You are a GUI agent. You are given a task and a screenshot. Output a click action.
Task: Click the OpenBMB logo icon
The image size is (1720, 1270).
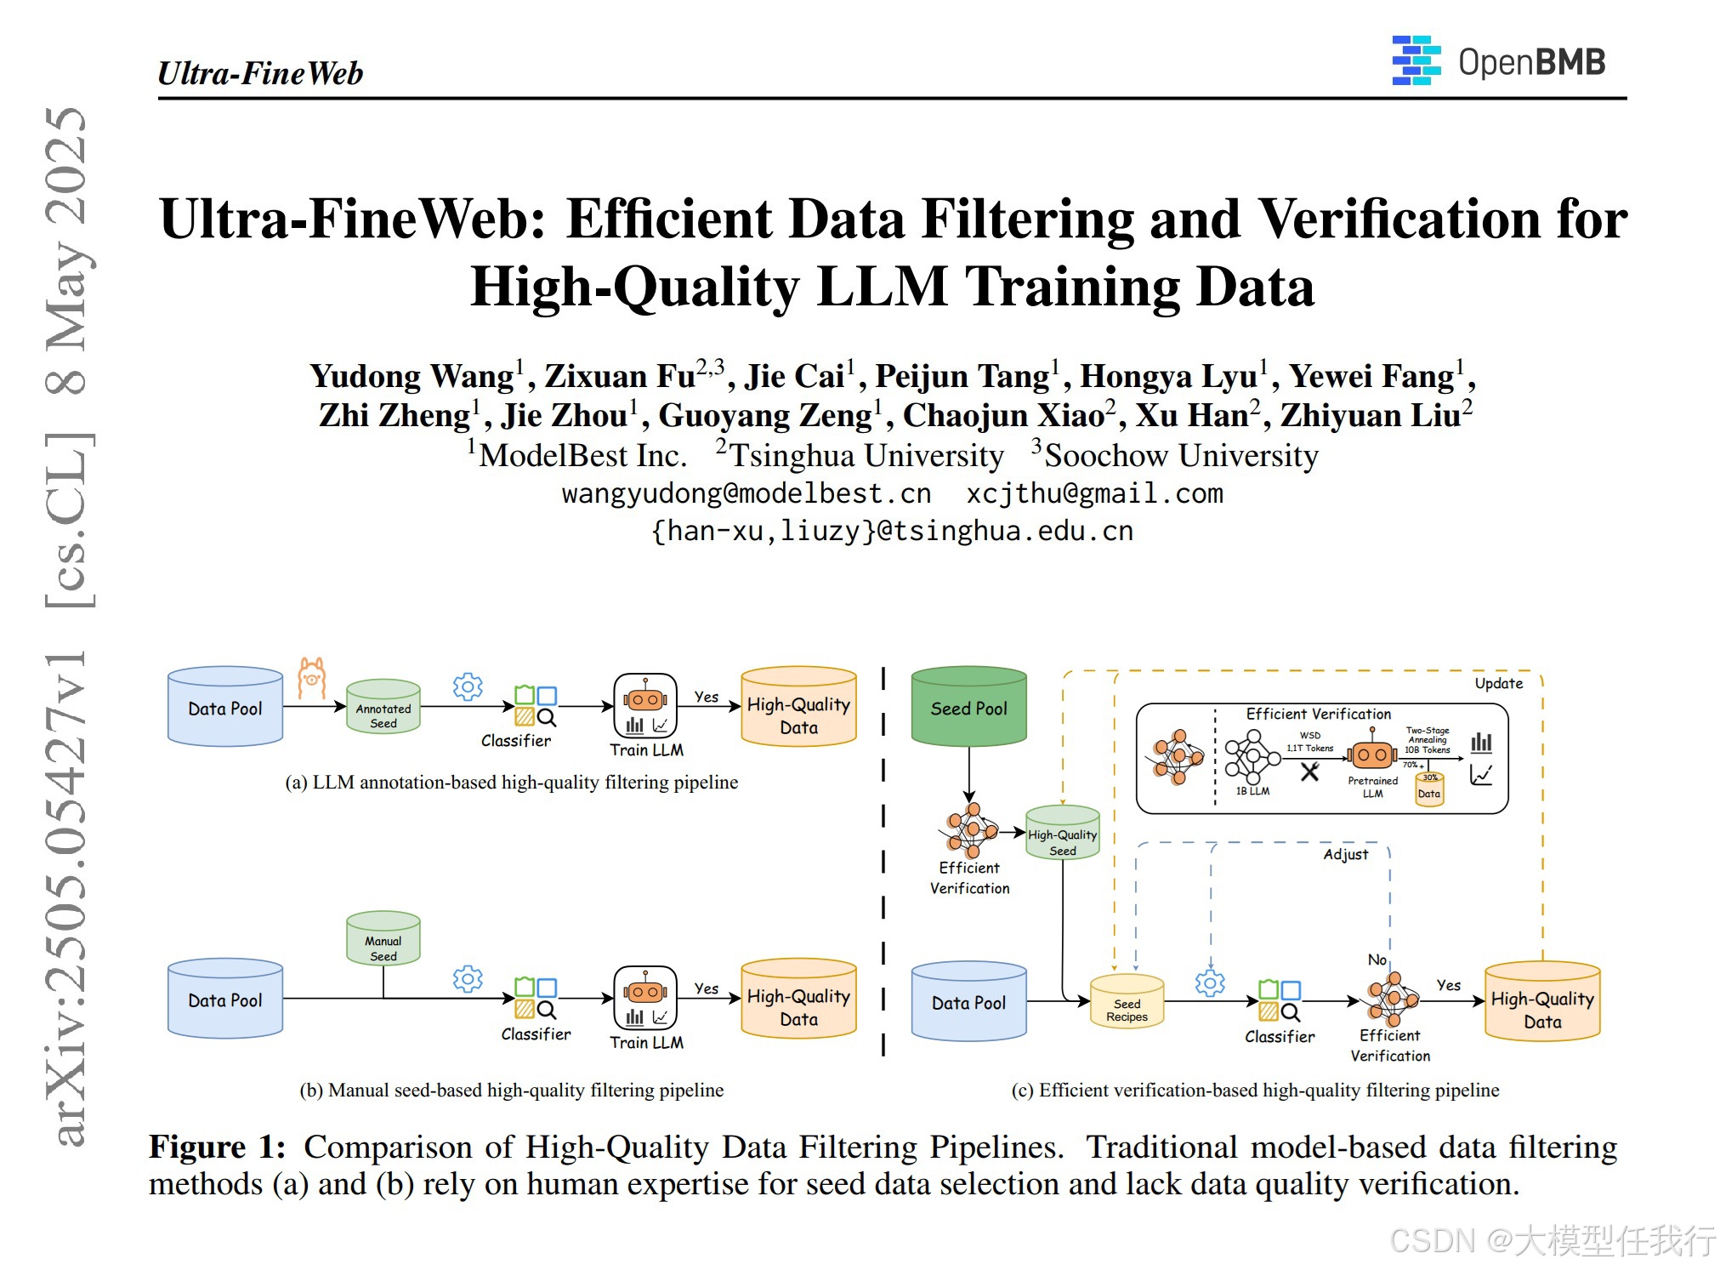[1416, 60]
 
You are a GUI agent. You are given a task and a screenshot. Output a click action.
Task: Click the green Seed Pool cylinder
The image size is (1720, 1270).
[968, 707]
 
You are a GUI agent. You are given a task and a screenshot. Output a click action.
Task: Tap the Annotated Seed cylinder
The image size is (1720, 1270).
[383, 707]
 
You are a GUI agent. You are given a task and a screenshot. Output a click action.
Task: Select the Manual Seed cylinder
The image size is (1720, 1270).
[383, 939]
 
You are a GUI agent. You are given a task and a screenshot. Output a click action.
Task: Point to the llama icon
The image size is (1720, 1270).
[312, 678]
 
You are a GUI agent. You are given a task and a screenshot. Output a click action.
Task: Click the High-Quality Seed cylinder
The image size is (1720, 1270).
[1063, 834]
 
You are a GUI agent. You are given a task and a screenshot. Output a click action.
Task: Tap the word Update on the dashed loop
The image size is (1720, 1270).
[1498, 683]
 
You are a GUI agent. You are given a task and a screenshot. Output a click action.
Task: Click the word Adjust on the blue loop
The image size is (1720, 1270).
[1346, 854]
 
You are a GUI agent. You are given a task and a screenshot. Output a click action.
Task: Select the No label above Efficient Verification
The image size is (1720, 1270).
[1377, 960]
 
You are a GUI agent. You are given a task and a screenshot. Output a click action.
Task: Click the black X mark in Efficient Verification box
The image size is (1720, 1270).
[1310, 772]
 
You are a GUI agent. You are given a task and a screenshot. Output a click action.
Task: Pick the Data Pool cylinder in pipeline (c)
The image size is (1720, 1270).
[968, 1001]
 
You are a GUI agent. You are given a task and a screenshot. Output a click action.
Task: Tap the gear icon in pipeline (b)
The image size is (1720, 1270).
[468, 979]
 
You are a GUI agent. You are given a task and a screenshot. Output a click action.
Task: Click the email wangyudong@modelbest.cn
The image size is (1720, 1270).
[746, 493]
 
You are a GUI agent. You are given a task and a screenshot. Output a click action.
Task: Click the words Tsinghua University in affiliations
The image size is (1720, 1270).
[866, 456]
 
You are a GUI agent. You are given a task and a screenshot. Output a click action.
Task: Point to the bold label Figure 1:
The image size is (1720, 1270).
[217, 1147]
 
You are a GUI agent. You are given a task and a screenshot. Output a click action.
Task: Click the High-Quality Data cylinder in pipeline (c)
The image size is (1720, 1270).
[1542, 1002]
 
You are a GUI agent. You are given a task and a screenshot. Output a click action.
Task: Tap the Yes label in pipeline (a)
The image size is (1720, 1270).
[706, 697]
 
